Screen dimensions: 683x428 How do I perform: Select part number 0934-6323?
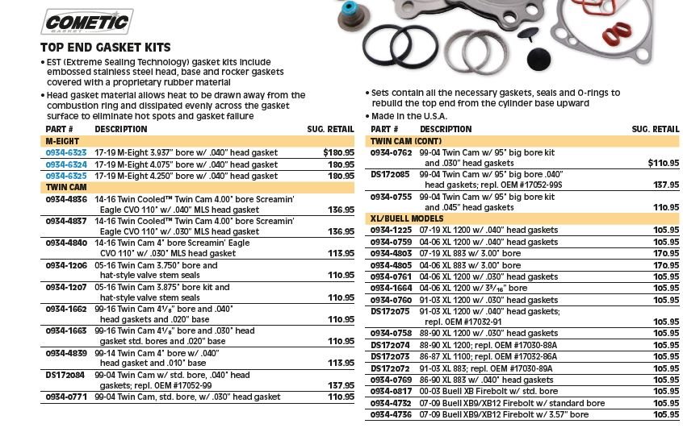pos(66,152)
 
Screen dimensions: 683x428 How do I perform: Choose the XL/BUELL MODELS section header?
pos(407,218)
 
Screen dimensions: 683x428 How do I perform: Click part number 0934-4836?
pos(66,198)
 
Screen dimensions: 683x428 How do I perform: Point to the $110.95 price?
pos(662,163)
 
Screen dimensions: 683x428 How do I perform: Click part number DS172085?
pos(390,174)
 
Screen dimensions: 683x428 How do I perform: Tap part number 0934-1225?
pos(392,231)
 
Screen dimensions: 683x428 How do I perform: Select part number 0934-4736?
pos(392,414)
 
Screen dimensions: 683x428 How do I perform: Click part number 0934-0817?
pos(392,392)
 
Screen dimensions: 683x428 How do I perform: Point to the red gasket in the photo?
pos(618,32)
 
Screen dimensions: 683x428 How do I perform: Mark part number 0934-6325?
pos(66,176)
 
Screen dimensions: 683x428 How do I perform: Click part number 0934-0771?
pos(66,397)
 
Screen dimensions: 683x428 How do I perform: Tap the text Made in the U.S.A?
pos(410,116)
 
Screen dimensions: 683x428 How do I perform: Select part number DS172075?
pos(390,310)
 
